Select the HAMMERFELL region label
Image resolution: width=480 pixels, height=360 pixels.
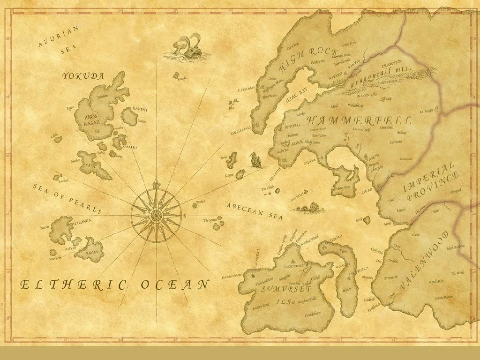click(359, 120)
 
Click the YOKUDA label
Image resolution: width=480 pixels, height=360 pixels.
click(83, 75)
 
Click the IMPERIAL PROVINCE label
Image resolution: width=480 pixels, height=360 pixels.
click(429, 184)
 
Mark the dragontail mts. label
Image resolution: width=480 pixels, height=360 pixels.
click(381, 77)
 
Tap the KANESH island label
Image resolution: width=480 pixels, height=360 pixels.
click(140, 109)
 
